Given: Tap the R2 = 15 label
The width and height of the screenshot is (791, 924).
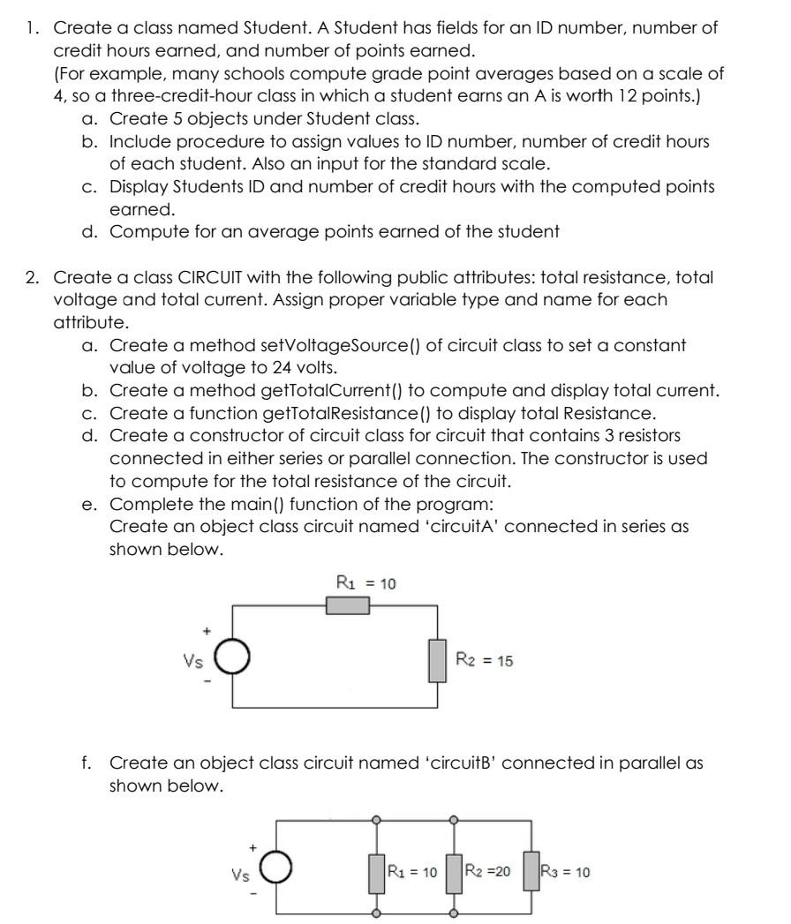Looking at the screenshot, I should [484, 660].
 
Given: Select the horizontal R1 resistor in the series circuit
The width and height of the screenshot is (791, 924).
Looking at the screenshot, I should [348, 605].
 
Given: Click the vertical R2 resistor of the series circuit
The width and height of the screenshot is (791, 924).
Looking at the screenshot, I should [437, 661].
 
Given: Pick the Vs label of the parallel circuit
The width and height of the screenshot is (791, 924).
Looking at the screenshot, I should [239, 875].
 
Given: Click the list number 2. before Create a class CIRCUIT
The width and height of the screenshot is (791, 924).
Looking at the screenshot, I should [33, 278].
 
